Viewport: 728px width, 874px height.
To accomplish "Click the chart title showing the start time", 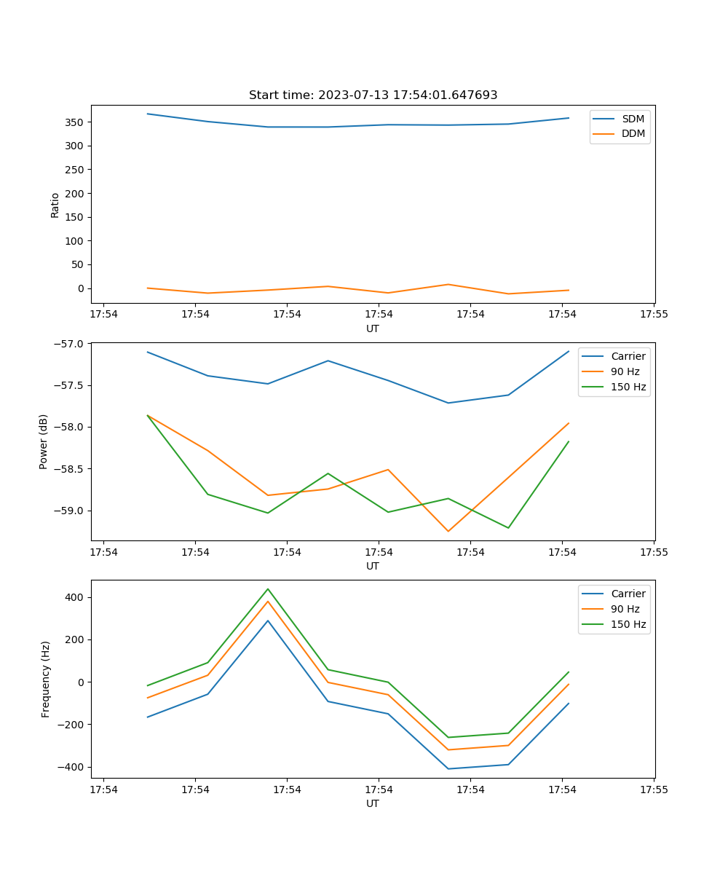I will point(373,95).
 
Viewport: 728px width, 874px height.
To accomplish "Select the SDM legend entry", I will point(633,119).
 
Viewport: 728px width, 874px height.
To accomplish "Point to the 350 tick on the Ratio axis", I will point(75,122).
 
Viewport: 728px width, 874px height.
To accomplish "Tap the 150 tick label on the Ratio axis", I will point(75,217).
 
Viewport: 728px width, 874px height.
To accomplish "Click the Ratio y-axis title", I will point(55,205).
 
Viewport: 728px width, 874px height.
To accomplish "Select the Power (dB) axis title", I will point(44,441).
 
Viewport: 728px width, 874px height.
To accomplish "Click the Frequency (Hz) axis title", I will point(46,679).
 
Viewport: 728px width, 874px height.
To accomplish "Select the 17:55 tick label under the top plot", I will point(654,315).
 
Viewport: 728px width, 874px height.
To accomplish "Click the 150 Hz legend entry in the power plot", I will point(628,387).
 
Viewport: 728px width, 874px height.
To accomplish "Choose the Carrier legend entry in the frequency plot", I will point(628,594).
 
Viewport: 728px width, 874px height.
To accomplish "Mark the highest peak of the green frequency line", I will point(268,589).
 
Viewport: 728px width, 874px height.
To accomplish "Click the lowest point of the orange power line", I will point(448,531).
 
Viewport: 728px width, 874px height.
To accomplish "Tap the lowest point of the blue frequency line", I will point(448,768).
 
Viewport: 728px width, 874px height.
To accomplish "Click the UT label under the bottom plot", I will point(373,803).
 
